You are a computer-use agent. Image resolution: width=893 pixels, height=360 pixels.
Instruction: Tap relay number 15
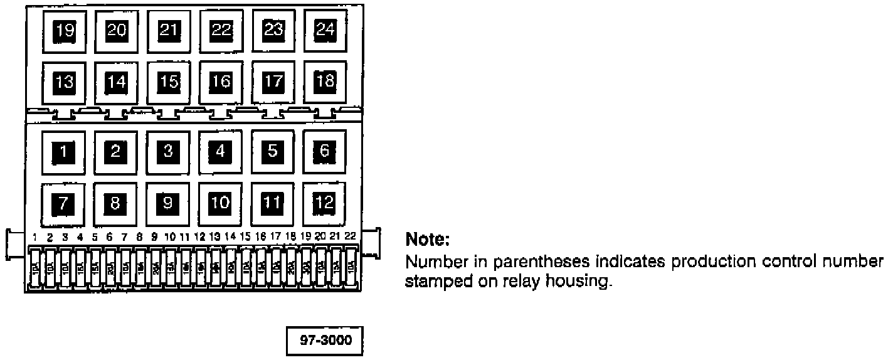167,81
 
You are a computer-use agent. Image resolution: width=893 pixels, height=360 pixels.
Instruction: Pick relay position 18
324,81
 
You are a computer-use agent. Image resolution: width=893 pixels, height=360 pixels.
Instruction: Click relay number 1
63,151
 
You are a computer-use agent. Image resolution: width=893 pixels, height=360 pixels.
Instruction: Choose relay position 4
219,151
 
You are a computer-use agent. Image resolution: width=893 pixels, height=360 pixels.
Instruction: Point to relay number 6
324,151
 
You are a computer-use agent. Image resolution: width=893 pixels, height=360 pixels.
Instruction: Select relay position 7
63,203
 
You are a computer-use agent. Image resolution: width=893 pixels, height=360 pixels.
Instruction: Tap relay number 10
219,203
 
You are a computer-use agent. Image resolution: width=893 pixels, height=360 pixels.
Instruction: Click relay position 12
324,203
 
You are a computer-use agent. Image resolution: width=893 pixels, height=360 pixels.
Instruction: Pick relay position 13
63,81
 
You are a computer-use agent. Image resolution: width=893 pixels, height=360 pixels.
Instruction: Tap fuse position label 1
36,236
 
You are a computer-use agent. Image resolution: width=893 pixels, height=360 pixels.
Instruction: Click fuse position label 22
350,236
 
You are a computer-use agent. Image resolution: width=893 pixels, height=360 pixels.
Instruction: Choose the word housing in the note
583,282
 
